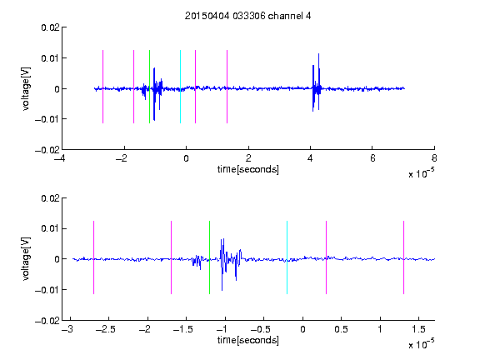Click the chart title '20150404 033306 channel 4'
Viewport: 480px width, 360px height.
tap(247, 16)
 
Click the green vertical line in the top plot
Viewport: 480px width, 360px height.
tap(149, 87)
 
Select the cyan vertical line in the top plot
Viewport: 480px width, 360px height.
tap(180, 87)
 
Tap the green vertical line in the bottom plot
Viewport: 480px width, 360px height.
tap(209, 257)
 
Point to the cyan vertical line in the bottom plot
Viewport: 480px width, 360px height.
tap(287, 257)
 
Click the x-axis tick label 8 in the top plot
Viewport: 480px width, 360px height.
tap(434, 158)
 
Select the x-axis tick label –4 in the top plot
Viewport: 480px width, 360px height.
tap(59, 158)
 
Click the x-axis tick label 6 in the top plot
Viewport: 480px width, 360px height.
tap(372, 158)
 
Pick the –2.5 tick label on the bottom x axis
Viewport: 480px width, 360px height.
tap(105, 329)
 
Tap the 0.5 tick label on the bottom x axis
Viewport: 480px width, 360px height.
tap(341, 329)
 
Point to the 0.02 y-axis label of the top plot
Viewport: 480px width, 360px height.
tap(50, 27)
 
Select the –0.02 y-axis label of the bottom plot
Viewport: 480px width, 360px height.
tap(47, 321)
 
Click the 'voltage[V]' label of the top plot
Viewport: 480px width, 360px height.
tap(26, 89)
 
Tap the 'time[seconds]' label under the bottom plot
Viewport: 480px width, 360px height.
tap(248, 340)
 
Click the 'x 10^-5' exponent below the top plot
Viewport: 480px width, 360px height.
tap(421, 172)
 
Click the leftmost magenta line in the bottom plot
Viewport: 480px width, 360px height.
tap(93, 257)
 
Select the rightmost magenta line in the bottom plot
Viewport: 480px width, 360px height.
tap(403, 257)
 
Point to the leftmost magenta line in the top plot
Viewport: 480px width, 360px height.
tap(102, 87)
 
